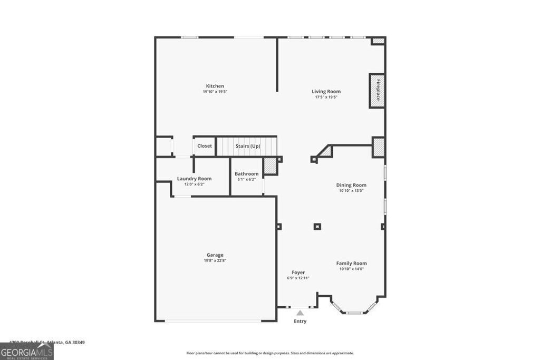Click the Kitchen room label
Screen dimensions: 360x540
pos(215,86)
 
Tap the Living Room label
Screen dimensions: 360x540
pos(326,91)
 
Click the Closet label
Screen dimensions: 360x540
pos(205,146)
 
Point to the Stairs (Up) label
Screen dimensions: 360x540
pos(247,146)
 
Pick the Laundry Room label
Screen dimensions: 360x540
pos(194,179)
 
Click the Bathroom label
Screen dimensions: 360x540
pos(246,174)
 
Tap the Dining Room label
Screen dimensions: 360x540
pos(351,185)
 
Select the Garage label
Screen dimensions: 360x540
pos(215,255)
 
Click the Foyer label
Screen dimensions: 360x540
pos(298,273)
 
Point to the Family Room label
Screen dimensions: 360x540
pos(351,264)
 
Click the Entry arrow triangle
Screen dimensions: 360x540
pos(300,313)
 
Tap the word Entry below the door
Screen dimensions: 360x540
pos(300,321)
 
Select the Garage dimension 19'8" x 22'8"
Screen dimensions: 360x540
pos(215,260)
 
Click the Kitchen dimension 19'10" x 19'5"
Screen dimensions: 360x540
pos(215,92)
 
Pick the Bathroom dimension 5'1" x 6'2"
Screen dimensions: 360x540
pos(246,179)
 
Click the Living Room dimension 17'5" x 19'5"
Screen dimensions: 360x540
pos(326,97)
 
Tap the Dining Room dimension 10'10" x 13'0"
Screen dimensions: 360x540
pos(351,191)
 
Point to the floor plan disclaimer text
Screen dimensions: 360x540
pos(270,353)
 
